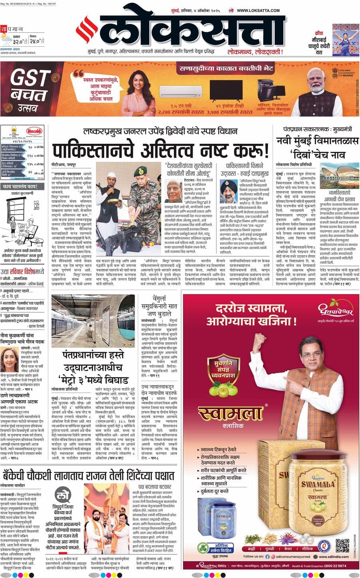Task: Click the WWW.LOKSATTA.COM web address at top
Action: coord(259,11)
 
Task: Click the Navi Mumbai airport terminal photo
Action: coord(337,175)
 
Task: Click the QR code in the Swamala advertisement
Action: coord(342,546)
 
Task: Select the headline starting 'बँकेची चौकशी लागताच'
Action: coord(88,476)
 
